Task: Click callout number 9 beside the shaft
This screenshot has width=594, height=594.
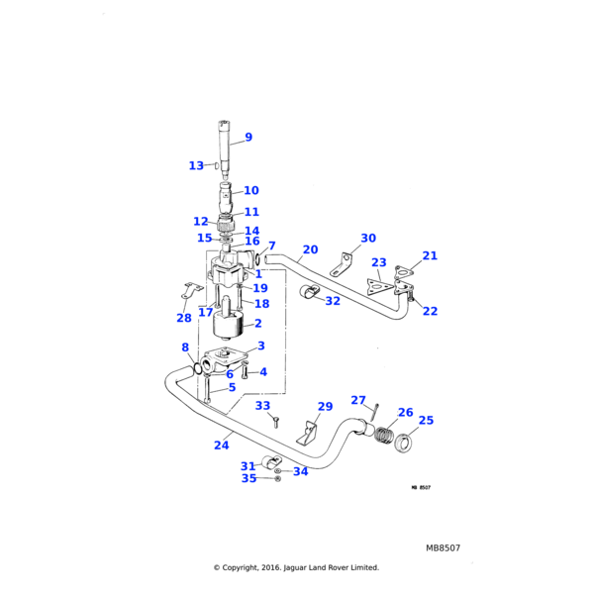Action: tap(248, 138)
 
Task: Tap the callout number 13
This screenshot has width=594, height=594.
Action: tap(196, 165)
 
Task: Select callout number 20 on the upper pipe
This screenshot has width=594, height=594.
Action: tap(310, 249)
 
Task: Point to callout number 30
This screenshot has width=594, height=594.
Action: tap(368, 238)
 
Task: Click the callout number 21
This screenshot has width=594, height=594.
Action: tap(430, 255)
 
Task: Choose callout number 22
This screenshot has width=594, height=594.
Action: tap(430, 311)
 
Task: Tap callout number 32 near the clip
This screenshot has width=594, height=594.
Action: tap(333, 301)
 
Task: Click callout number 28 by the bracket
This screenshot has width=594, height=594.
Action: tap(184, 318)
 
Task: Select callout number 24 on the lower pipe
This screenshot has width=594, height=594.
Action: tap(222, 445)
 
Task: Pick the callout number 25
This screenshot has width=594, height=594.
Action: tap(426, 420)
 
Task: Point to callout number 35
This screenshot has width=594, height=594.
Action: tap(248, 478)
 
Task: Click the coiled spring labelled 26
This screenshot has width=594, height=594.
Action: tap(383, 435)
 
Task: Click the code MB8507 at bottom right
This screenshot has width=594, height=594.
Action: tap(443, 546)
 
